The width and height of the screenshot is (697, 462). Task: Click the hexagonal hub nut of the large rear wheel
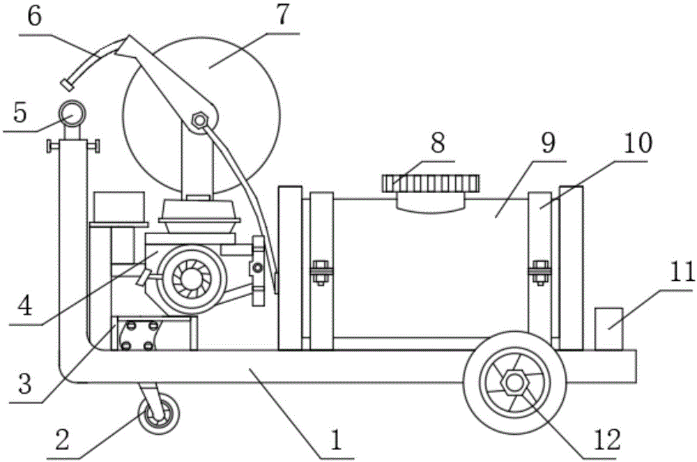click(514, 383)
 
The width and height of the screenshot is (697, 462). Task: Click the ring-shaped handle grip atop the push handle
click(72, 111)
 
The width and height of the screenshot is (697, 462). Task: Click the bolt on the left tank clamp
click(321, 269)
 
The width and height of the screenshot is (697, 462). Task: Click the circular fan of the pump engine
click(185, 277)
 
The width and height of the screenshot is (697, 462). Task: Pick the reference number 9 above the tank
click(546, 144)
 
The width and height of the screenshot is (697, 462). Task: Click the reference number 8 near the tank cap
click(438, 144)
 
